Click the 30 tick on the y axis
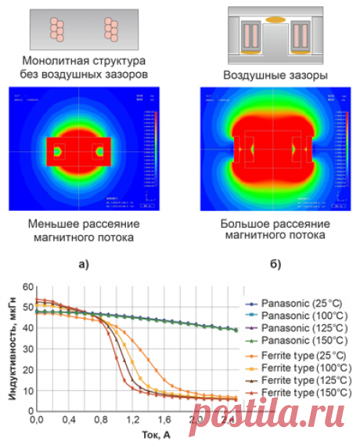point(28,349)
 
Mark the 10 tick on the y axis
point(28,389)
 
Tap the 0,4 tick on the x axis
point(68,421)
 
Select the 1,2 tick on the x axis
point(132,421)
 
